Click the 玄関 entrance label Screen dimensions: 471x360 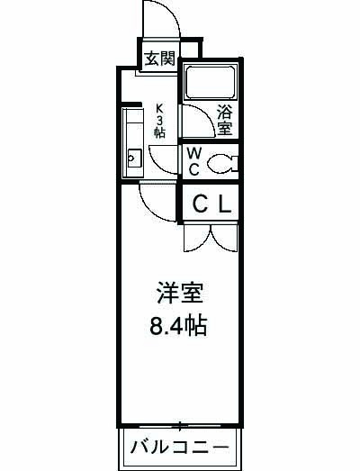(160, 59)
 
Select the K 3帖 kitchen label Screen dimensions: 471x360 (159, 117)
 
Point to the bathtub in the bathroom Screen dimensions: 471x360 (210, 83)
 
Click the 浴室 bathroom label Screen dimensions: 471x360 (224, 121)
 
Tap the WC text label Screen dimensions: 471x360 (193, 160)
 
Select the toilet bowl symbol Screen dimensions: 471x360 (220, 162)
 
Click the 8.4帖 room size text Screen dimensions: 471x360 (178, 324)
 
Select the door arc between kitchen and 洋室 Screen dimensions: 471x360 (155, 202)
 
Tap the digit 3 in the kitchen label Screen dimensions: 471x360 (159, 117)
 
